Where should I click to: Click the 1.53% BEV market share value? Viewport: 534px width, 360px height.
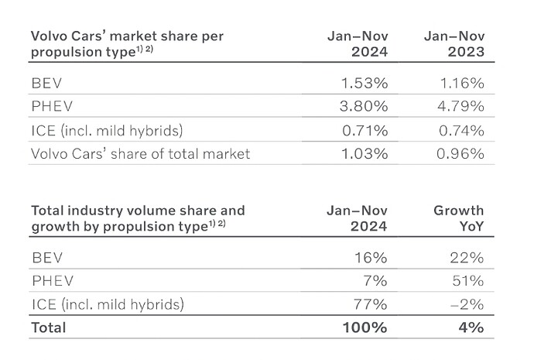pos(365,83)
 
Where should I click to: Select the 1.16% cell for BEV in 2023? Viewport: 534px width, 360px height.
pos(462,83)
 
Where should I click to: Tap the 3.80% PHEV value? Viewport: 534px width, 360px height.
pos(364,106)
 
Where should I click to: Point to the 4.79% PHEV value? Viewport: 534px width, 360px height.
pos(460,106)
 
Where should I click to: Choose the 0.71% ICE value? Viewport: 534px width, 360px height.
pos(365,130)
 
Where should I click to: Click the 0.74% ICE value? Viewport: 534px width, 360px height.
pos(461,130)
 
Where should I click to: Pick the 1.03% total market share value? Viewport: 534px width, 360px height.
pos(365,153)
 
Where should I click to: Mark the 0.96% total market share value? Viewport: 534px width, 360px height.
pos(460,153)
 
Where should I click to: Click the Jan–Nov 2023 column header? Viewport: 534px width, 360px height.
pos(454,44)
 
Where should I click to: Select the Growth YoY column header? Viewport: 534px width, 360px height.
pos(459,218)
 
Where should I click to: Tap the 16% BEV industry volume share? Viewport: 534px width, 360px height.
pos(371,258)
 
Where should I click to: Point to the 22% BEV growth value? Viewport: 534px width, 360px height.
pos(467,258)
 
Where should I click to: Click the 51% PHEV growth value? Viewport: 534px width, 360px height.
pos(468,281)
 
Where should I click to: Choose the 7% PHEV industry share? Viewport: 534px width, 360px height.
pos(375,281)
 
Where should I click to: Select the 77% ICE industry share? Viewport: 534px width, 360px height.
pos(371,304)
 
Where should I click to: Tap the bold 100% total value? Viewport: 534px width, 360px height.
pos(365,327)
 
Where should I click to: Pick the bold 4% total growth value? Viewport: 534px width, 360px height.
pos(471,327)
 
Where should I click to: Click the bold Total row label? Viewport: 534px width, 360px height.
pos(49,327)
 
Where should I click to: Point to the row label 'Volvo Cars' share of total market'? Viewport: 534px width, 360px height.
pos(141,154)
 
